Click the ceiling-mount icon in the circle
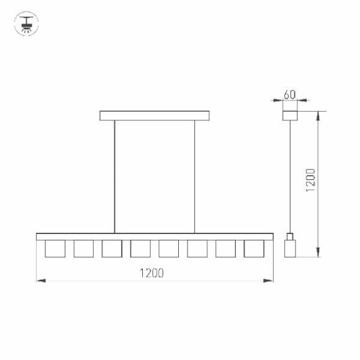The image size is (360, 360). coord(26,23)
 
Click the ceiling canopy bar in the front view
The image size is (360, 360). coord(155,115)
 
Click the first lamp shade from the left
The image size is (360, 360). coord(55,248)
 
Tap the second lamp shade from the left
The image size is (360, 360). coord(83,248)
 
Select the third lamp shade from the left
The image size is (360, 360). coord(112,248)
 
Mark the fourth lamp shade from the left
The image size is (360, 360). coord(140,248)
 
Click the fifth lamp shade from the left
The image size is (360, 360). coord(169,248)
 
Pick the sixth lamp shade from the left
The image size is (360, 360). coord(197,248)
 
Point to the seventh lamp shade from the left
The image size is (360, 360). coord(225,248)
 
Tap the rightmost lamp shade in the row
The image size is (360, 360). coord(254,248)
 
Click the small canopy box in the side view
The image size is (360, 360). coord(290,115)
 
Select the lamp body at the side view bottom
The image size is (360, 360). coord(290,248)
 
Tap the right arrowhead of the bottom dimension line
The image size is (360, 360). coord(270,281)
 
